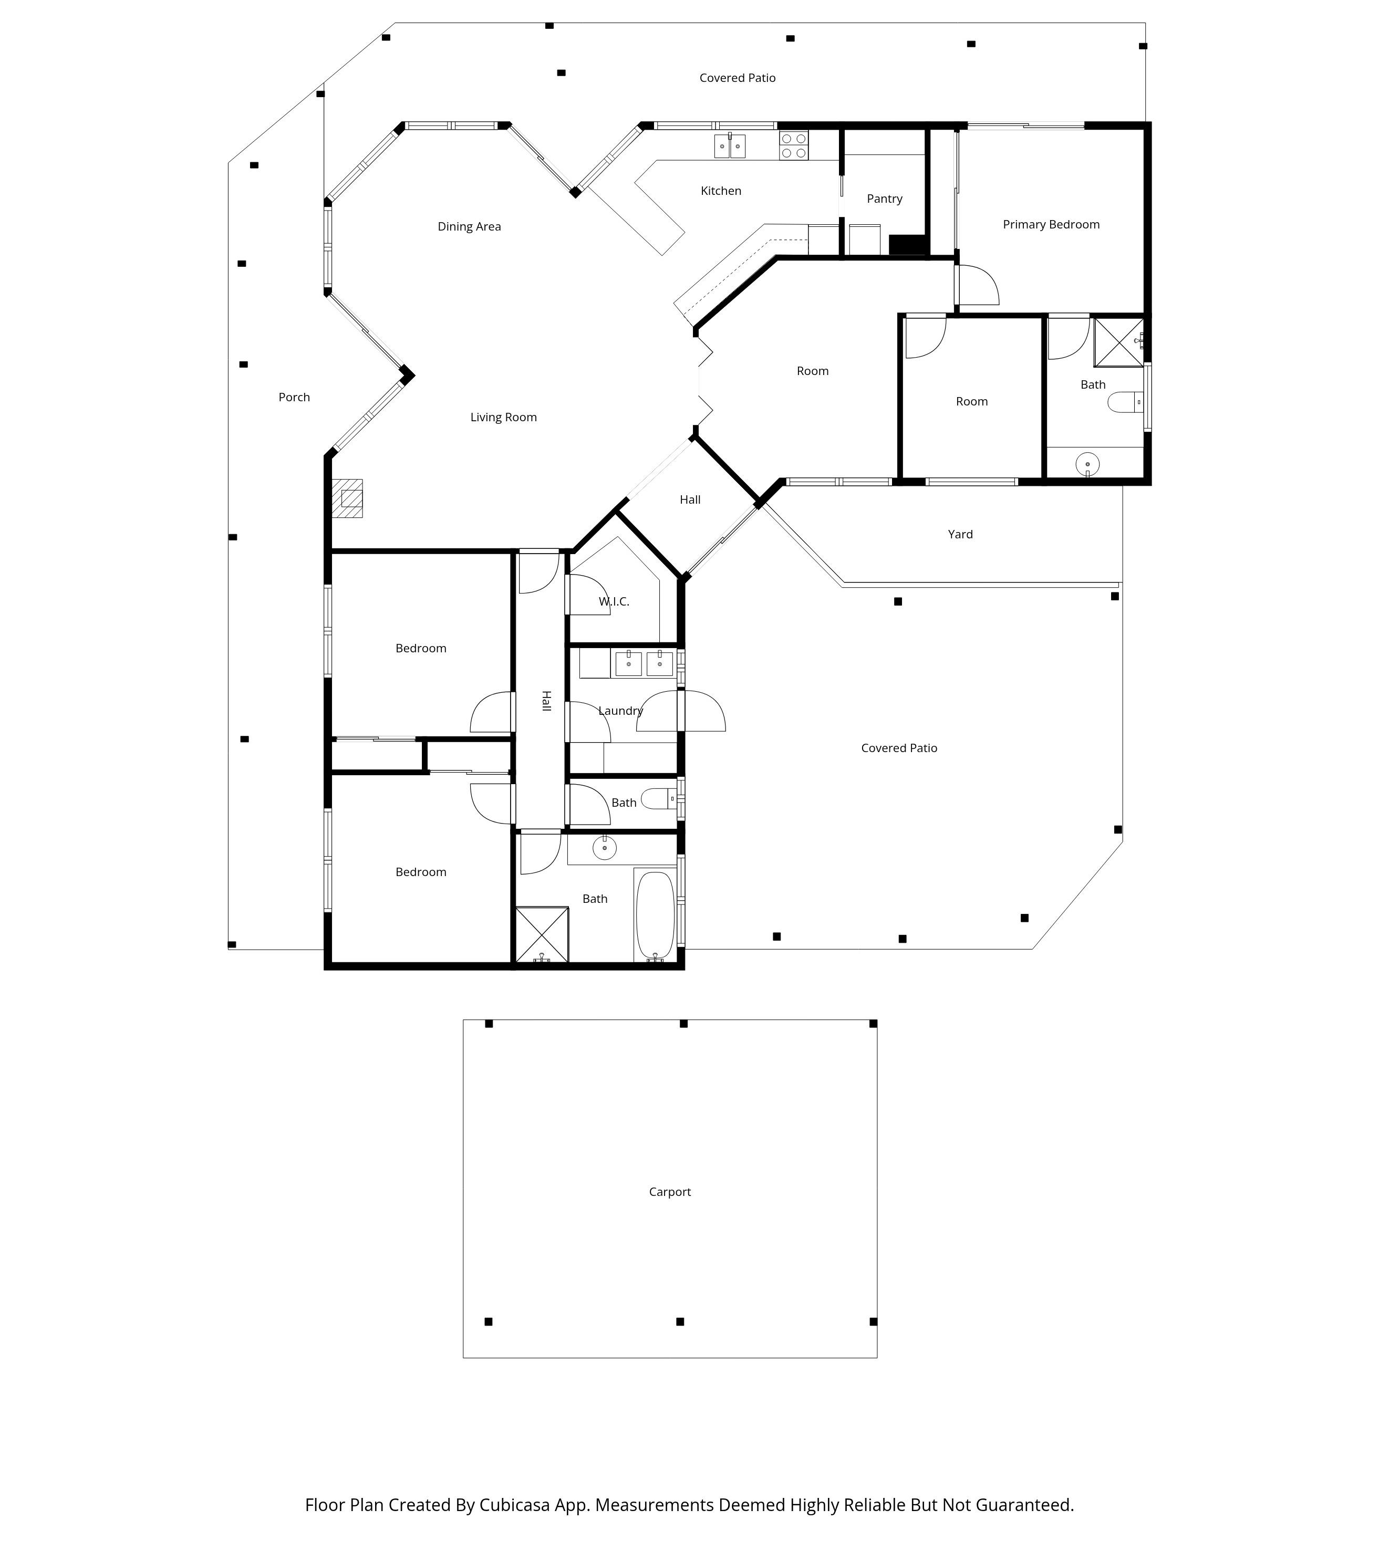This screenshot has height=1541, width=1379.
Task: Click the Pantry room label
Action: (x=884, y=199)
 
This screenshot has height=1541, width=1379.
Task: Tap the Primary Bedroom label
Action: (x=1051, y=224)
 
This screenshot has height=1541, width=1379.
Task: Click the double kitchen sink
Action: (x=730, y=145)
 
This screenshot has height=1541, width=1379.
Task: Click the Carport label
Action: (x=670, y=1192)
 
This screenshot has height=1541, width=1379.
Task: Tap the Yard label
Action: (x=960, y=534)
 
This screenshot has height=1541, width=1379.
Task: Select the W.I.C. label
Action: (x=614, y=601)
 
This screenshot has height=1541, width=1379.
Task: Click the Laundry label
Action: (x=620, y=711)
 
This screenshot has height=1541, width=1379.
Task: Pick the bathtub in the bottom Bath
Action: (x=655, y=915)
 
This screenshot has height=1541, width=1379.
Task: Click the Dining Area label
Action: (x=469, y=226)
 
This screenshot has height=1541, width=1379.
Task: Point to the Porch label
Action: (x=294, y=397)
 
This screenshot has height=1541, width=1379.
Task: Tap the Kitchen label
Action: (x=721, y=191)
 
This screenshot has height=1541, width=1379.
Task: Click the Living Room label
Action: (x=503, y=418)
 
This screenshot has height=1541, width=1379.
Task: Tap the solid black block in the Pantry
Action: (x=908, y=245)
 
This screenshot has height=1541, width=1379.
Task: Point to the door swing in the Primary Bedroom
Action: (x=979, y=286)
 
